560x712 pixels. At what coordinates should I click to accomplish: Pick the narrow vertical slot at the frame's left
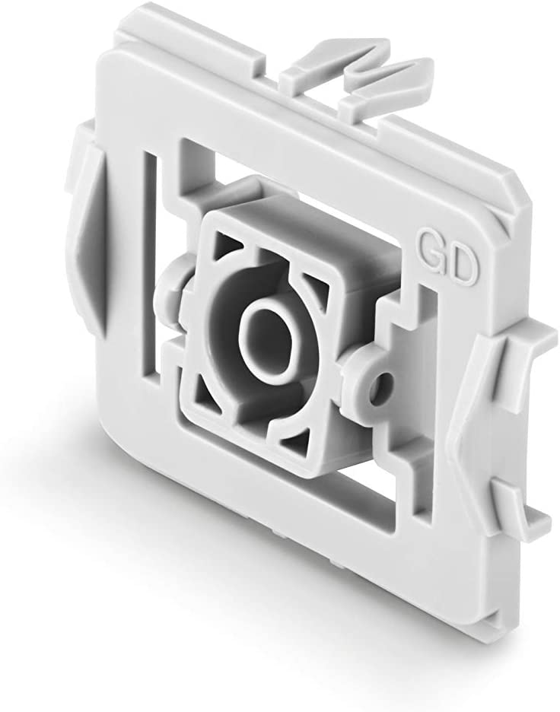click(x=150, y=259)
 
